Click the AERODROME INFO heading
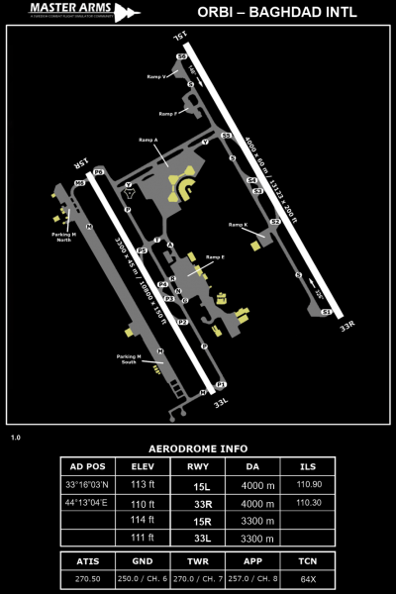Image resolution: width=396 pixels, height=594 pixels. pyautogui.click(x=197, y=448)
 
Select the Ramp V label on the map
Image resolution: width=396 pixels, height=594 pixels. pyautogui.click(x=155, y=76)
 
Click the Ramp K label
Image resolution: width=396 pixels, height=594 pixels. pyautogui.click(x=238, y=225)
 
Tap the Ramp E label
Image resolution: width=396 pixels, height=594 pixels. pyautogui.click(x=215, y=257)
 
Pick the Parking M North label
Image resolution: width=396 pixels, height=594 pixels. pyautogui.click(x=63, y=236)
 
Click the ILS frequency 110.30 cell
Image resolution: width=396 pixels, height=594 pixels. pyautogui.click(x=309, y=502)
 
